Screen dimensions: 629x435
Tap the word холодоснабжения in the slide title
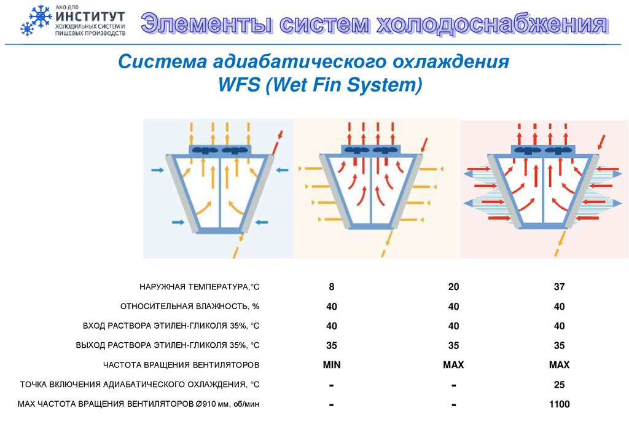coord(491,25)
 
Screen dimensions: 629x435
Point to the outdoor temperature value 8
coord(331,287)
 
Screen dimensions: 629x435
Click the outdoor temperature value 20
coord(453,287)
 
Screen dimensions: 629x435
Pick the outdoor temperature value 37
coord(559,287)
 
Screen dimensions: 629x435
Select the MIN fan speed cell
coord(331,365)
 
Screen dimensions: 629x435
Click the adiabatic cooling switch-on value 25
coord(559,385)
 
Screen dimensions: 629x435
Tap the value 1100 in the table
coord(559,404)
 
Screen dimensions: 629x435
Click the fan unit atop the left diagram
coord(219,150)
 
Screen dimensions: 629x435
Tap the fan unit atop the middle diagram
coord(370,150)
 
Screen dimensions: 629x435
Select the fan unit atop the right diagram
coord(543,150)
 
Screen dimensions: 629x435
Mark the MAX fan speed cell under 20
coord(453,365)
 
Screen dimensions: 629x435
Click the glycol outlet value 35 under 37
coord(559,345)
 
